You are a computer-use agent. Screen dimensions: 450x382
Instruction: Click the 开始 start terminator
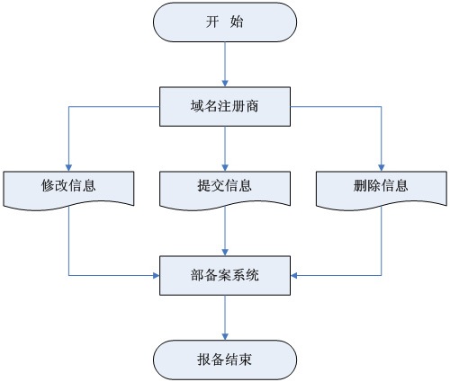[225, 22]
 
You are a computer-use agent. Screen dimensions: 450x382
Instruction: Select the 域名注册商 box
[225, 107]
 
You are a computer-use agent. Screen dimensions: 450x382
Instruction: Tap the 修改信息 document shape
[68, 190]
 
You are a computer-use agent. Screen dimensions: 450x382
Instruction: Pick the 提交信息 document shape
[225, 190]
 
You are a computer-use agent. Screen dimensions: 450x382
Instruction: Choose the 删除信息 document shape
[382, 190]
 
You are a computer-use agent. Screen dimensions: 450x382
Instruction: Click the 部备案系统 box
[225, 276]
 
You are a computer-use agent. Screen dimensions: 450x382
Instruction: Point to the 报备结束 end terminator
[225, 360]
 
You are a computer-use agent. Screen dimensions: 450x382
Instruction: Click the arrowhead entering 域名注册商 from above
[225, 84]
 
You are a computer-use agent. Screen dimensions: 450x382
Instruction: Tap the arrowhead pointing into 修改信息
[68, 168]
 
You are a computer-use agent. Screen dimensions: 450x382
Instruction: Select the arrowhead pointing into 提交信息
[225, 168]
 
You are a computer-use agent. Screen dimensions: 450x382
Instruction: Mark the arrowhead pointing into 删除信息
[382, 168]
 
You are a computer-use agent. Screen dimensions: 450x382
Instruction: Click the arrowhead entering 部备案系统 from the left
[156, 275]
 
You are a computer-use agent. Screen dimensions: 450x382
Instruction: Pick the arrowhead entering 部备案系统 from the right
[294, 275]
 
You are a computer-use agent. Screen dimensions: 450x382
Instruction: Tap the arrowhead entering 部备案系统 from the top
[225, 253]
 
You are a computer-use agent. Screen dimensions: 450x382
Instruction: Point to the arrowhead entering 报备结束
[225, 336]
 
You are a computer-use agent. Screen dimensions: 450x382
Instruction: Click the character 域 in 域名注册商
[197, 106]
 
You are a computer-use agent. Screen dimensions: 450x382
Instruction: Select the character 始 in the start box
[237, 22]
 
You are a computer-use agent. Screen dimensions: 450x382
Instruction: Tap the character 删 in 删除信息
[360, 186]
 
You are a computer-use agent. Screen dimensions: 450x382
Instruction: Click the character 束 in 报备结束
[245, 360]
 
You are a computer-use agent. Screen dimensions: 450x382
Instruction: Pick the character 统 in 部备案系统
[252, 275]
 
